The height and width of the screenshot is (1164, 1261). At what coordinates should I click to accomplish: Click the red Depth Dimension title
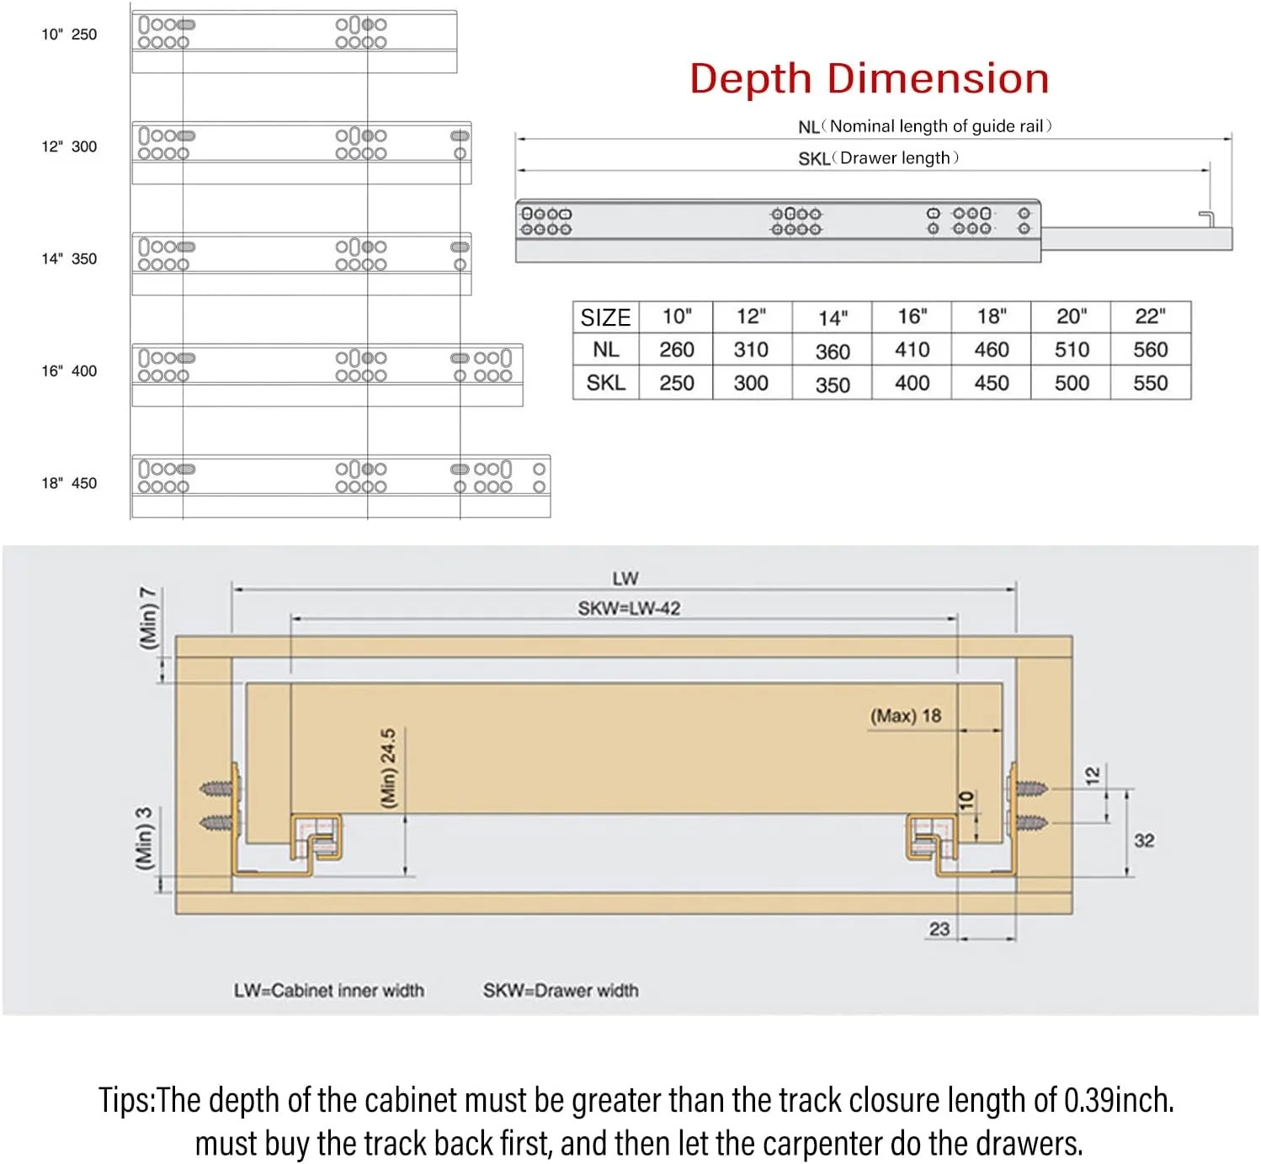(870, 79)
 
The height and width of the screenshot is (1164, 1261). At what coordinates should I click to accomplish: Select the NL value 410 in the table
(912, 349)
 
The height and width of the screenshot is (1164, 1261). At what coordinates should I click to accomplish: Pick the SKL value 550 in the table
(1150, 383)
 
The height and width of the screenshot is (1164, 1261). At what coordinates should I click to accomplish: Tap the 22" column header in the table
(1150, 316)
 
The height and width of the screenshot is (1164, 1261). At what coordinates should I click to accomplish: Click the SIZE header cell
(605, 316)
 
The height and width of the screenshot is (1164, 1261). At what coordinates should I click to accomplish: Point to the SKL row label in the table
(606, 383)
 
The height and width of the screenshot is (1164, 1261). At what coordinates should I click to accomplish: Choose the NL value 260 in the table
(676, 349)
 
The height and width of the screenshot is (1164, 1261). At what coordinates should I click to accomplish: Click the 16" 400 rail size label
(69, 371)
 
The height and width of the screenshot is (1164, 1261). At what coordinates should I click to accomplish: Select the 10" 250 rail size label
(69, 35)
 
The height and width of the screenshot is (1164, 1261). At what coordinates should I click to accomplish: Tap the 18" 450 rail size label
(69, 483)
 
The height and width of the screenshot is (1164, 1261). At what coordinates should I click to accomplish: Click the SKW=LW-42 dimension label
(629, 609)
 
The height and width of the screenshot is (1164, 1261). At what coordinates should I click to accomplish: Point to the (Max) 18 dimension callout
(906, 715)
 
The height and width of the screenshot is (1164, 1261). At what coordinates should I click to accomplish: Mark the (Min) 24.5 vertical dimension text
(388, 768)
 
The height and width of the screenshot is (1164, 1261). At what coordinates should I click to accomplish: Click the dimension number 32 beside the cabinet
(1144, 841)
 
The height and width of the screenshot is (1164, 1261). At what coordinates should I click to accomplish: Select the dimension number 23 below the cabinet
(939, 929)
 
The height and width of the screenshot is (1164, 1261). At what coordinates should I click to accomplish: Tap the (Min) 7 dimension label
(147, 619)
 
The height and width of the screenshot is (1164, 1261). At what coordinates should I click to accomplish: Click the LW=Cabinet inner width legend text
(329, 991)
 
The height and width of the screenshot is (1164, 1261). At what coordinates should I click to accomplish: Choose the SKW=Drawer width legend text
(561, 991)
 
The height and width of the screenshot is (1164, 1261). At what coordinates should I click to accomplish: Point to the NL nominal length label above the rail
(924, 126)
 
